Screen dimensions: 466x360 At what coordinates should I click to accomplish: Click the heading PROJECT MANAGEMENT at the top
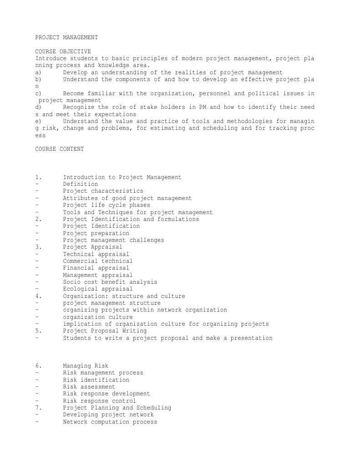coord(66,37)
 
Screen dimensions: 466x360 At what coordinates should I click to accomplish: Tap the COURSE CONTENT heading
coord(60,149)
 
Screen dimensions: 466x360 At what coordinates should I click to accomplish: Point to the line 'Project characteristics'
coord(103,191)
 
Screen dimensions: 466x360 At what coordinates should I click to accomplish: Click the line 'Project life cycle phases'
coord(106,205)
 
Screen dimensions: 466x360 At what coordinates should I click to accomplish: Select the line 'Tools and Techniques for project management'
coord(137,212)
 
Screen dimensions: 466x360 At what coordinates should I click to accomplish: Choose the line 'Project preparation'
coord(96,233)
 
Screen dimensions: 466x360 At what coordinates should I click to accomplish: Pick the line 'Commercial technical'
coord(98,261)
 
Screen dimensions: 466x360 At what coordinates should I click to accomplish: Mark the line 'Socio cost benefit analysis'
coord(110,282)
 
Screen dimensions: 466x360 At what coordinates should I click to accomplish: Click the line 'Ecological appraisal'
coord(98,289)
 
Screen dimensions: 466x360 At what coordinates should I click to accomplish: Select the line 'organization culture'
coord(98,317)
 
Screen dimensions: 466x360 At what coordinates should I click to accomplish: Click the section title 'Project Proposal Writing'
coord(105,331)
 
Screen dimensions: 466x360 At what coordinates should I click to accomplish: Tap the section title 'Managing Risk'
coord(86,366)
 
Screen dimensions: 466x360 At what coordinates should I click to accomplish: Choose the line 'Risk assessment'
coord(89,387)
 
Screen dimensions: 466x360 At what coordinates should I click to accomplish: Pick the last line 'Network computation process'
coord(110,422)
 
